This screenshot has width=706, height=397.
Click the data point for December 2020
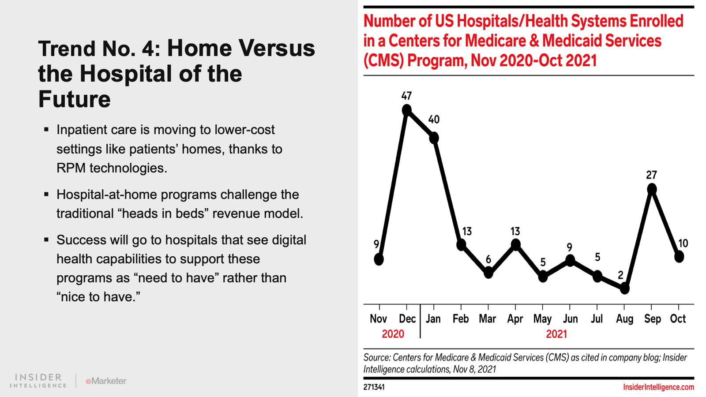407,110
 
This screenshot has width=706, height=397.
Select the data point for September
652,190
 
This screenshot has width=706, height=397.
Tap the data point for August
624,288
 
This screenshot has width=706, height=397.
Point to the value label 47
406,96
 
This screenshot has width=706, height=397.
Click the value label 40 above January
434,120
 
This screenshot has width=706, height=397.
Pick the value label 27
651,175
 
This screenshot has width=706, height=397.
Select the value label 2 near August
620,275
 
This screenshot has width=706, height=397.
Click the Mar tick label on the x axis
488,319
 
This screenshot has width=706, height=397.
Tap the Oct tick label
678,319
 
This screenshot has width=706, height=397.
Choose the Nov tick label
379,319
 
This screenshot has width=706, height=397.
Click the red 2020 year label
393,334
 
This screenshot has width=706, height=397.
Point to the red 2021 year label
556,334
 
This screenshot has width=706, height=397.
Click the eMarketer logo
106,381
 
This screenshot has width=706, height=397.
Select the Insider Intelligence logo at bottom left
38,381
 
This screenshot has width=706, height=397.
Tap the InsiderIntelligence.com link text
658,387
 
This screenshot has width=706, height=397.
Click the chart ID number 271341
374,387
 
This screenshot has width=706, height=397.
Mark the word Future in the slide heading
74,99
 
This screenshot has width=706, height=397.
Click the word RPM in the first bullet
71,168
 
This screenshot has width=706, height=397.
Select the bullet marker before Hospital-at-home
46,194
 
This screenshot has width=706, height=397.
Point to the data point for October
679,256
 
